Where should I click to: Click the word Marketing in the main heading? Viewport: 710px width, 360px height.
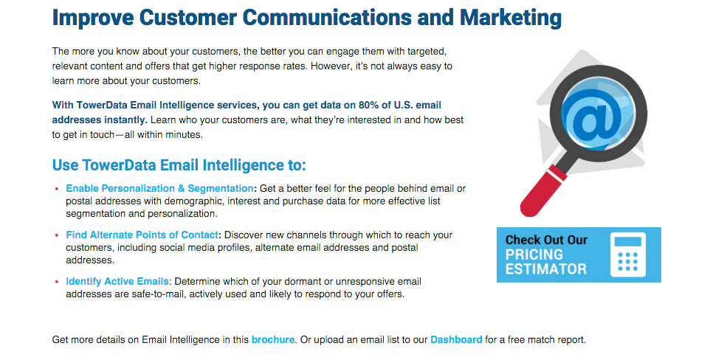pyautogui.click(x=510, y=18)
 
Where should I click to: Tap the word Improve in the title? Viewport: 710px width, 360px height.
pyautogui.click(x=93, y=18)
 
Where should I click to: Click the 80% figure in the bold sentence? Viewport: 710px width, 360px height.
pyautogui.click(x=368, y=105)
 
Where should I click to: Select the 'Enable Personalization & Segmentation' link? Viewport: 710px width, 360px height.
pyautogui.click(x=160, y=188)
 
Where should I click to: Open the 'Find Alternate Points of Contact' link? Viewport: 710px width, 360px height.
pyautogui.click(x=142, y=235)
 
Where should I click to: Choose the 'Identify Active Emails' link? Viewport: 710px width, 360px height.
pyautogui.click(x=117, y=281)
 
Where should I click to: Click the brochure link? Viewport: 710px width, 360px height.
pyautogui.click(x=273, y=339)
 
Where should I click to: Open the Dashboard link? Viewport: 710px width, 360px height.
pyautogui.click(x=456, y=339)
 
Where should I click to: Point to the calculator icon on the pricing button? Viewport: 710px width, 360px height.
pyautogui.click(x=627, y=255)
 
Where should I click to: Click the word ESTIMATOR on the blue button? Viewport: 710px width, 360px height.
pyautogui.click(x=546, y=269)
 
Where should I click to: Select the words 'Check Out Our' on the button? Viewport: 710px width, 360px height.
pyautogui.click(x=546, y=240)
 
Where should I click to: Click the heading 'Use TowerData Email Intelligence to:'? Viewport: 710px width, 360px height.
pyautogui.click(x=179, y=165)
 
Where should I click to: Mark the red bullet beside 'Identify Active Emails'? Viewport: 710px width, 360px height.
pyautogui.click(x=57, y=282)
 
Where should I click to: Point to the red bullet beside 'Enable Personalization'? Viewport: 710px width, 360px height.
pyautogui.click(x=57, y=189)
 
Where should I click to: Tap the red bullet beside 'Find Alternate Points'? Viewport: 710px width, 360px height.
pyautogui.click(x=57, y=235)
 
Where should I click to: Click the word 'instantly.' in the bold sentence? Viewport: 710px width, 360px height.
pyautogui.click(x=125, y=120)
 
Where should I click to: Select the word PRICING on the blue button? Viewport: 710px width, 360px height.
pyautogui.click(x=534, y=254)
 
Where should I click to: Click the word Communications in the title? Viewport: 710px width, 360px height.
pyautogui.click(x=326, y=18)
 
